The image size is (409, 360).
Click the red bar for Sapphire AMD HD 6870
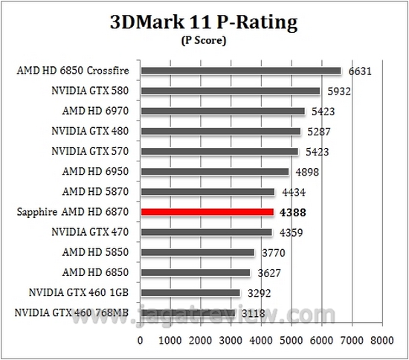tap(207, 212)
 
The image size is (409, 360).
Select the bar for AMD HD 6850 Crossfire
tap(240, 71)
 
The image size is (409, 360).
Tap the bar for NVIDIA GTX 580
tap(230, 91)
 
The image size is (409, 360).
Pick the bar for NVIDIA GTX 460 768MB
tap(187, 312)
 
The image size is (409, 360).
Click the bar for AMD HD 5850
tap(197, 252)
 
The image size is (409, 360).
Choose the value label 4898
tap(306, 172)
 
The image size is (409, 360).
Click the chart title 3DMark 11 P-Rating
tap(204, 22)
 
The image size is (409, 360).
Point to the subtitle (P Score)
tap(204, 41)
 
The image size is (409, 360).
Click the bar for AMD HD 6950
tap(214, 172)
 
